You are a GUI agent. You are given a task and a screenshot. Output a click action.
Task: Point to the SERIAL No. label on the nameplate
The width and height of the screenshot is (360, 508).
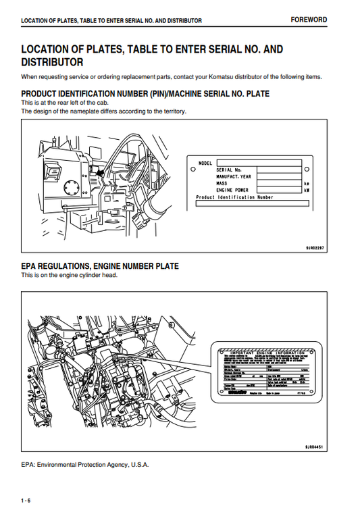pyautogui.click(x=229, y=170)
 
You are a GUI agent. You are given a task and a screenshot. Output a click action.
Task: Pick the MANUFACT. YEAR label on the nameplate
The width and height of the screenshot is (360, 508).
pyautogui.click(x=234, y=177)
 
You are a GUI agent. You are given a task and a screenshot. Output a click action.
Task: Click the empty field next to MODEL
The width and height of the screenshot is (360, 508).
pyautogui.click(x=259, y=163)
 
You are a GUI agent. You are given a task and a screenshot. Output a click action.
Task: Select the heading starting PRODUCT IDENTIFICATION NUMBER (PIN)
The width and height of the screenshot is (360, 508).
pyautogui.click(x=145, y=93)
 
